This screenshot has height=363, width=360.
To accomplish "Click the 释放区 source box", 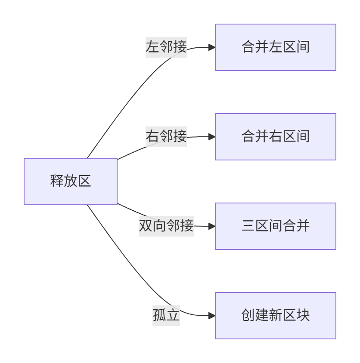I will [71, 181].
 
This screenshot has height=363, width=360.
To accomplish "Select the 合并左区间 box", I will [276, 47].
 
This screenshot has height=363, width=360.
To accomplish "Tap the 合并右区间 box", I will [276, 137].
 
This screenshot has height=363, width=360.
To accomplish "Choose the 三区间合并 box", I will [276, 226].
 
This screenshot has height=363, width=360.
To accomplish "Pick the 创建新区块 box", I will [276, 316].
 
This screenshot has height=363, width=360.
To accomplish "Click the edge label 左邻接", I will [166, 47].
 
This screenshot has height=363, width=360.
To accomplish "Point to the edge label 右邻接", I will [166, 137].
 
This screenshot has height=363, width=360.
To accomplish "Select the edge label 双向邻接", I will [166, 226].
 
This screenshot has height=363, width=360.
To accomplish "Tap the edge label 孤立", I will [166, 315].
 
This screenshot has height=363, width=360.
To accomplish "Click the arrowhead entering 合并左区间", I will [212, 47].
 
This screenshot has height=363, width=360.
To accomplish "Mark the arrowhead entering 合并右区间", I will [212, 137].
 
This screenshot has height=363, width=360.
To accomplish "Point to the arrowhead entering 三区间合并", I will [212, 226].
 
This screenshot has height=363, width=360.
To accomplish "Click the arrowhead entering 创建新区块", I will [212, 316].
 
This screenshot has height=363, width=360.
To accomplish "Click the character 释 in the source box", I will [57, 181].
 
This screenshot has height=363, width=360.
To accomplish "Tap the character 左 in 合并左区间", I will [276, 47].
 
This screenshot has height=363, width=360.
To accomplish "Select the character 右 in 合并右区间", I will [276, 136].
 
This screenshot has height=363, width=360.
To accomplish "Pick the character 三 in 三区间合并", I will [248, 226].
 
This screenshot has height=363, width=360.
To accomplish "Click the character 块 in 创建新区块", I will [303, 315].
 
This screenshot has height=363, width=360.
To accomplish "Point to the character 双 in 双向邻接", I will [146, 226].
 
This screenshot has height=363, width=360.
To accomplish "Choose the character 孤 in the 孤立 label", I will [159, 315].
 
